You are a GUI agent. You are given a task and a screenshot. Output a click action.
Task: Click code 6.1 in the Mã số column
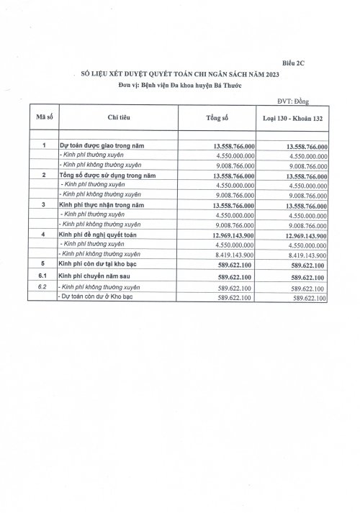pos(42,276)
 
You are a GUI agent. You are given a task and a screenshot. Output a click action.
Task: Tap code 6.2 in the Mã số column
pos(42,286)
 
